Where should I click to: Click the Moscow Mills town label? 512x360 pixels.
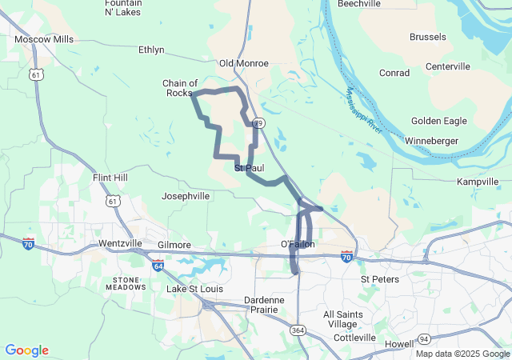pos(44,38)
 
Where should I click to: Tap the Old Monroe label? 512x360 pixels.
pos(244,62)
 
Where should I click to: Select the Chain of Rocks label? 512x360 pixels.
pos(180,88)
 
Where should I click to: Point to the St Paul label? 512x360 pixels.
pos(249,169)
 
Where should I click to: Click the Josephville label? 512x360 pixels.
pos(186,195)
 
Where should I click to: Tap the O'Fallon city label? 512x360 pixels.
pos(298,244)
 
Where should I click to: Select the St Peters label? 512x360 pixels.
pos(379,279)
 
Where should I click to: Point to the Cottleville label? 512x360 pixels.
pos(354,338)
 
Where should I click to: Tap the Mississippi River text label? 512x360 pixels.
pos(365,110)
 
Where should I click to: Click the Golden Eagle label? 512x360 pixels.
pos(438,121)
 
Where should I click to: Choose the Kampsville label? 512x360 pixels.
pos(478,182)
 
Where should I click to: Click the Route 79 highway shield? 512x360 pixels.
pos(258,123)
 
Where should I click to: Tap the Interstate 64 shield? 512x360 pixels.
pos(158,264)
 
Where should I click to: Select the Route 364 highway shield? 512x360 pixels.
pos(298,330)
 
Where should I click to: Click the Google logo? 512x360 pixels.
pos(26,350)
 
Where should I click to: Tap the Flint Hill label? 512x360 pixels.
pos(110,177)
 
